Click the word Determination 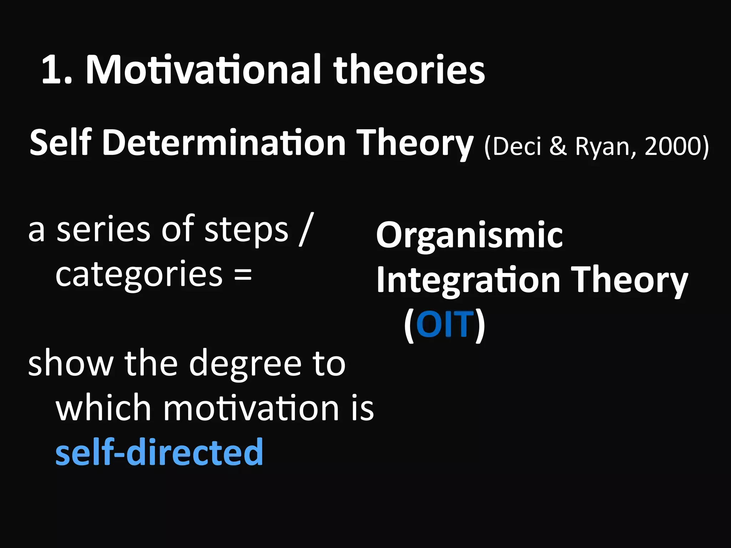[224, 143]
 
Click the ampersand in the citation [558, 146]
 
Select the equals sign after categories [243, 274]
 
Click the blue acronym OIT [445, 325]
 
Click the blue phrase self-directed [159, 452]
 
